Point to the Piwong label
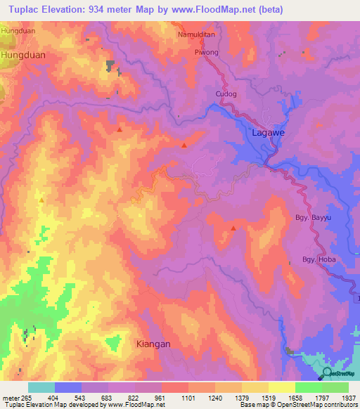[206, 52]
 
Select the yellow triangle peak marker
[41, 200]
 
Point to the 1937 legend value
[340, 398]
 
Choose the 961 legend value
[160, 398]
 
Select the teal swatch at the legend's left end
[41, 387]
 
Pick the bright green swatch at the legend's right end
[335, 387]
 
